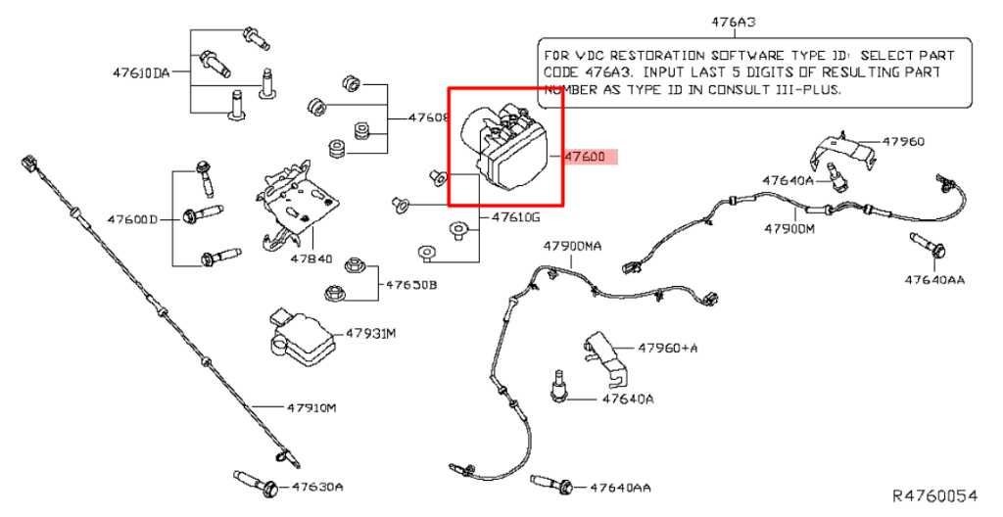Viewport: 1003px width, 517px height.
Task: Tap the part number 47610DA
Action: (x=141, y=72)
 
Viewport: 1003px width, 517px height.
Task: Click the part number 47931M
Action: (x=370, y=334)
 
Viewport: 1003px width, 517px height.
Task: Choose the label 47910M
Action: (x=311, y=406)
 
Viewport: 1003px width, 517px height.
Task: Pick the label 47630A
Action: (x=317, y=486)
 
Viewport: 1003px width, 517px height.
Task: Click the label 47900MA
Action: (x=573, y=246)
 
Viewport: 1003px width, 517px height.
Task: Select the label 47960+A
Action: (x=669, y=348)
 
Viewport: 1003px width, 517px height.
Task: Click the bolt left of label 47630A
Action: (x=257, y=481)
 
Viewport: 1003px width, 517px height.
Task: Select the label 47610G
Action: (x=515, y=216)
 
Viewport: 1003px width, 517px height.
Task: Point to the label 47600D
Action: (x=132, y=219)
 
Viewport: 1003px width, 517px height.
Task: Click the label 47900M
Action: (x=789, y=228)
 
